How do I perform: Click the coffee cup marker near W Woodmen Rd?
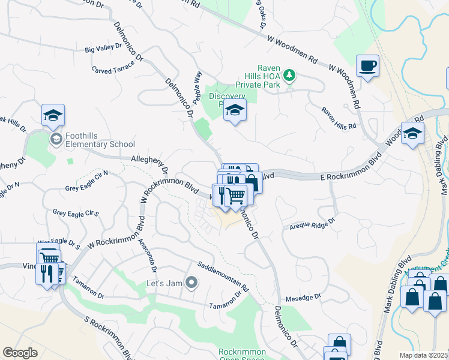pos(367,65)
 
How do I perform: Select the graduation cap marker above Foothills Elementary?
pos(53,115)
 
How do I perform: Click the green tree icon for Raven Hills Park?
pos(290,76)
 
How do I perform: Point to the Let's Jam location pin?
pos(191,282)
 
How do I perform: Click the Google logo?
pos(20,353)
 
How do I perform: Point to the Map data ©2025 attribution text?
pos(424,355)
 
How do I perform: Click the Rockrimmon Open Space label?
pos(238,355)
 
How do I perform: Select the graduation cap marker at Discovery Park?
pos(235,110)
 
